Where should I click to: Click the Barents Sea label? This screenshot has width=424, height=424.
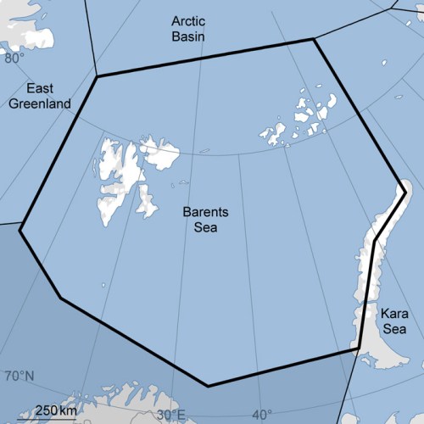[x=200, y=219]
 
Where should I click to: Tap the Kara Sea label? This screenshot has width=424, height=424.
[x=393, y=321]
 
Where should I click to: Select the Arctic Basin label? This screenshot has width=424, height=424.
[x=188, y=26]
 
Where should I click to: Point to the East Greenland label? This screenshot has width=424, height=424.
[x=40, y=96]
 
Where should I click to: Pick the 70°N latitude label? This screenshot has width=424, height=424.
[x=19, y=376]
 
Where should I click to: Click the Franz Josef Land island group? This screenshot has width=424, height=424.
[x=301, y=119]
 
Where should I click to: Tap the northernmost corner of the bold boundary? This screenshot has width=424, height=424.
[x=314, y=39]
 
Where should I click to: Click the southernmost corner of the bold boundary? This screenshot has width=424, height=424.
[x=208, y=386]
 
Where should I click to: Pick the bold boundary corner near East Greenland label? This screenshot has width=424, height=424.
[x=97, y=77]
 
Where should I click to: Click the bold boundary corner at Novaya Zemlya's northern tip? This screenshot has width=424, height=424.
[x=404, y=190]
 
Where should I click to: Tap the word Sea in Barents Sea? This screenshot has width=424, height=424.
[x=200, y=226]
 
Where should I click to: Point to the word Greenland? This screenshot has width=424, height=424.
[x=40, y=103]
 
